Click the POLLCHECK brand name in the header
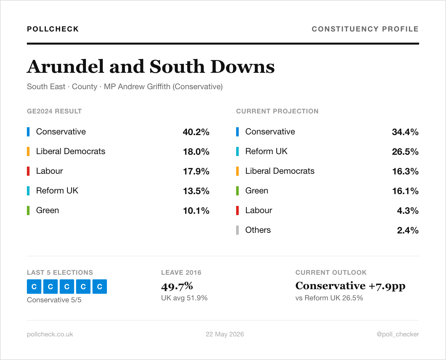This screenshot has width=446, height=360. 53,29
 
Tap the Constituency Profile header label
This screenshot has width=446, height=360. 365,29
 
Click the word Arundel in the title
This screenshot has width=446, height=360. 66,67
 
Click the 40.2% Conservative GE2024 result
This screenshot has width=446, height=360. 196,132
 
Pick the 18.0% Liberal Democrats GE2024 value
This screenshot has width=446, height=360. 196,152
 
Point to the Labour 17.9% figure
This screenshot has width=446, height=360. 196,171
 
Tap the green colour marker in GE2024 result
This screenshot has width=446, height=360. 28,210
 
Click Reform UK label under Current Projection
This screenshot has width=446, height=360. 266,151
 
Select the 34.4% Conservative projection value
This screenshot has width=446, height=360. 405,132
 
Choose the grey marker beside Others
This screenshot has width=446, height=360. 237,230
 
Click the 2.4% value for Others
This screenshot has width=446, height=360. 408,230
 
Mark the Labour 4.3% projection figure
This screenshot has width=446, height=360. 408,211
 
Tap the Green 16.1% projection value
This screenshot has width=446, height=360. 405,191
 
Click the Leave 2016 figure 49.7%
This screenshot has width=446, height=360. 177,286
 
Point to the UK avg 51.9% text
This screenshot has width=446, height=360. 184,298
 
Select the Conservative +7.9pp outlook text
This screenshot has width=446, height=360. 350,286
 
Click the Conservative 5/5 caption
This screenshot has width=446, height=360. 54,300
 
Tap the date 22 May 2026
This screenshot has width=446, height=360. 225,334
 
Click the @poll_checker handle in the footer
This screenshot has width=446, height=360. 398,334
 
